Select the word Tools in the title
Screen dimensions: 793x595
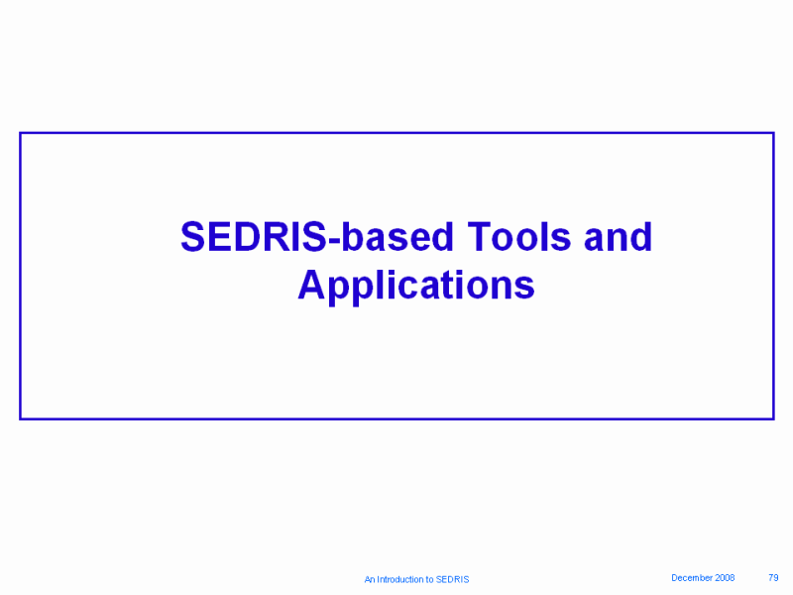point(518,237)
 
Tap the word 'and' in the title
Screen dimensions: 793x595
point(618,237)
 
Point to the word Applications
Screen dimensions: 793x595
point(416,287)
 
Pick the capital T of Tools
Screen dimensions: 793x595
point(481,237)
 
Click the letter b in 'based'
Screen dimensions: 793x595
point(353,237)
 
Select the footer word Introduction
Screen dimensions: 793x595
point(400,579)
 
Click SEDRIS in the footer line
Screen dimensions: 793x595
point(453,579)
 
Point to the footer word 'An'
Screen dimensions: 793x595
point(370,579)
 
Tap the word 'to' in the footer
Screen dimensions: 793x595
point(430,579)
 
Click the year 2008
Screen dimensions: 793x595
point(725,578)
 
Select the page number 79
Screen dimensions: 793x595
point(773,578)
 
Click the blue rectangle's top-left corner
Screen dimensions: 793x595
point(20,133)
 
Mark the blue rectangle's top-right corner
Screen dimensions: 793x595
point(774,133)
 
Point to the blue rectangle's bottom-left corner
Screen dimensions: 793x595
point(20,418)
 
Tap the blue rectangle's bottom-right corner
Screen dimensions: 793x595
point(774,418)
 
